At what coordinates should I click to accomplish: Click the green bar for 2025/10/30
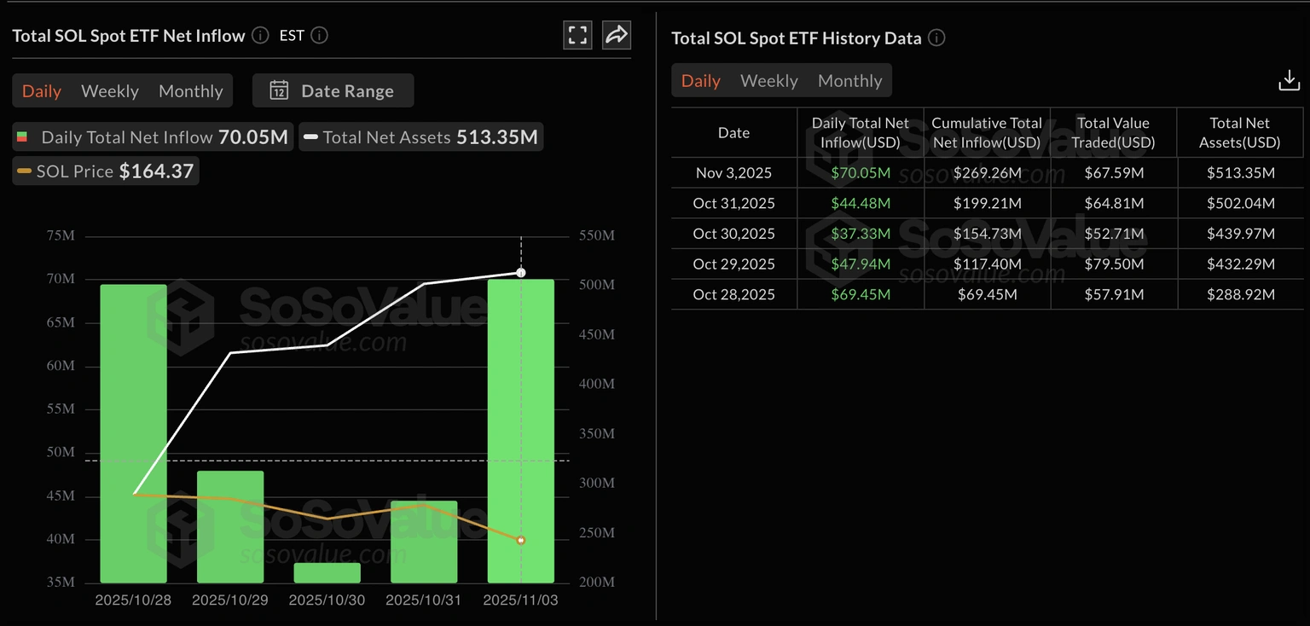click(x=327, y=573)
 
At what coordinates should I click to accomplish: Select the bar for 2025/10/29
click(x=230, y=526)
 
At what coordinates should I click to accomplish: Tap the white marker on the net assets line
click(x=521, y=273)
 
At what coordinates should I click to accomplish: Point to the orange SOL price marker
click(x=521, y=540)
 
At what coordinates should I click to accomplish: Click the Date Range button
click(x=333, y=91)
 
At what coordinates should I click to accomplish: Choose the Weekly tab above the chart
click(x=110, y=91)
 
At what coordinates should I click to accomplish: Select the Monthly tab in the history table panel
click(x=849, y=81)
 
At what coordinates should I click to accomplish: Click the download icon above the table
click(x=1289, y=81)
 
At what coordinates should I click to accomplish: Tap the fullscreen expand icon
click(x=577, y=35)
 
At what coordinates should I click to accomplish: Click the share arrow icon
click(x=616, y=35)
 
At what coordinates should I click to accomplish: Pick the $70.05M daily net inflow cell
click(x=861, y=173)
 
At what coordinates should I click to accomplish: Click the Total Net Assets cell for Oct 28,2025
click(x=1240, y=294)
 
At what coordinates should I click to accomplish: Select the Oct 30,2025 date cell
click(x=733, y=234)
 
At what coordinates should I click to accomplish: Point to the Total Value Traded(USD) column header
click(x=1113, y=133)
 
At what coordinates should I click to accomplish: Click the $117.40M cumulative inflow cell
click(x=987, y=264)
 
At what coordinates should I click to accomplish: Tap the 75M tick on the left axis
click(x=61, y=236)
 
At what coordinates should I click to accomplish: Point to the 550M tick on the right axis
click(x=596, y=235)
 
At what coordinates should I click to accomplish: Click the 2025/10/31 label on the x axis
click(x=424, y=600)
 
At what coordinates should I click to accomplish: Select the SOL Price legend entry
click(x=106, y=171)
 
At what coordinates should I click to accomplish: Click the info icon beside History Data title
click(x=936, y=38)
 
